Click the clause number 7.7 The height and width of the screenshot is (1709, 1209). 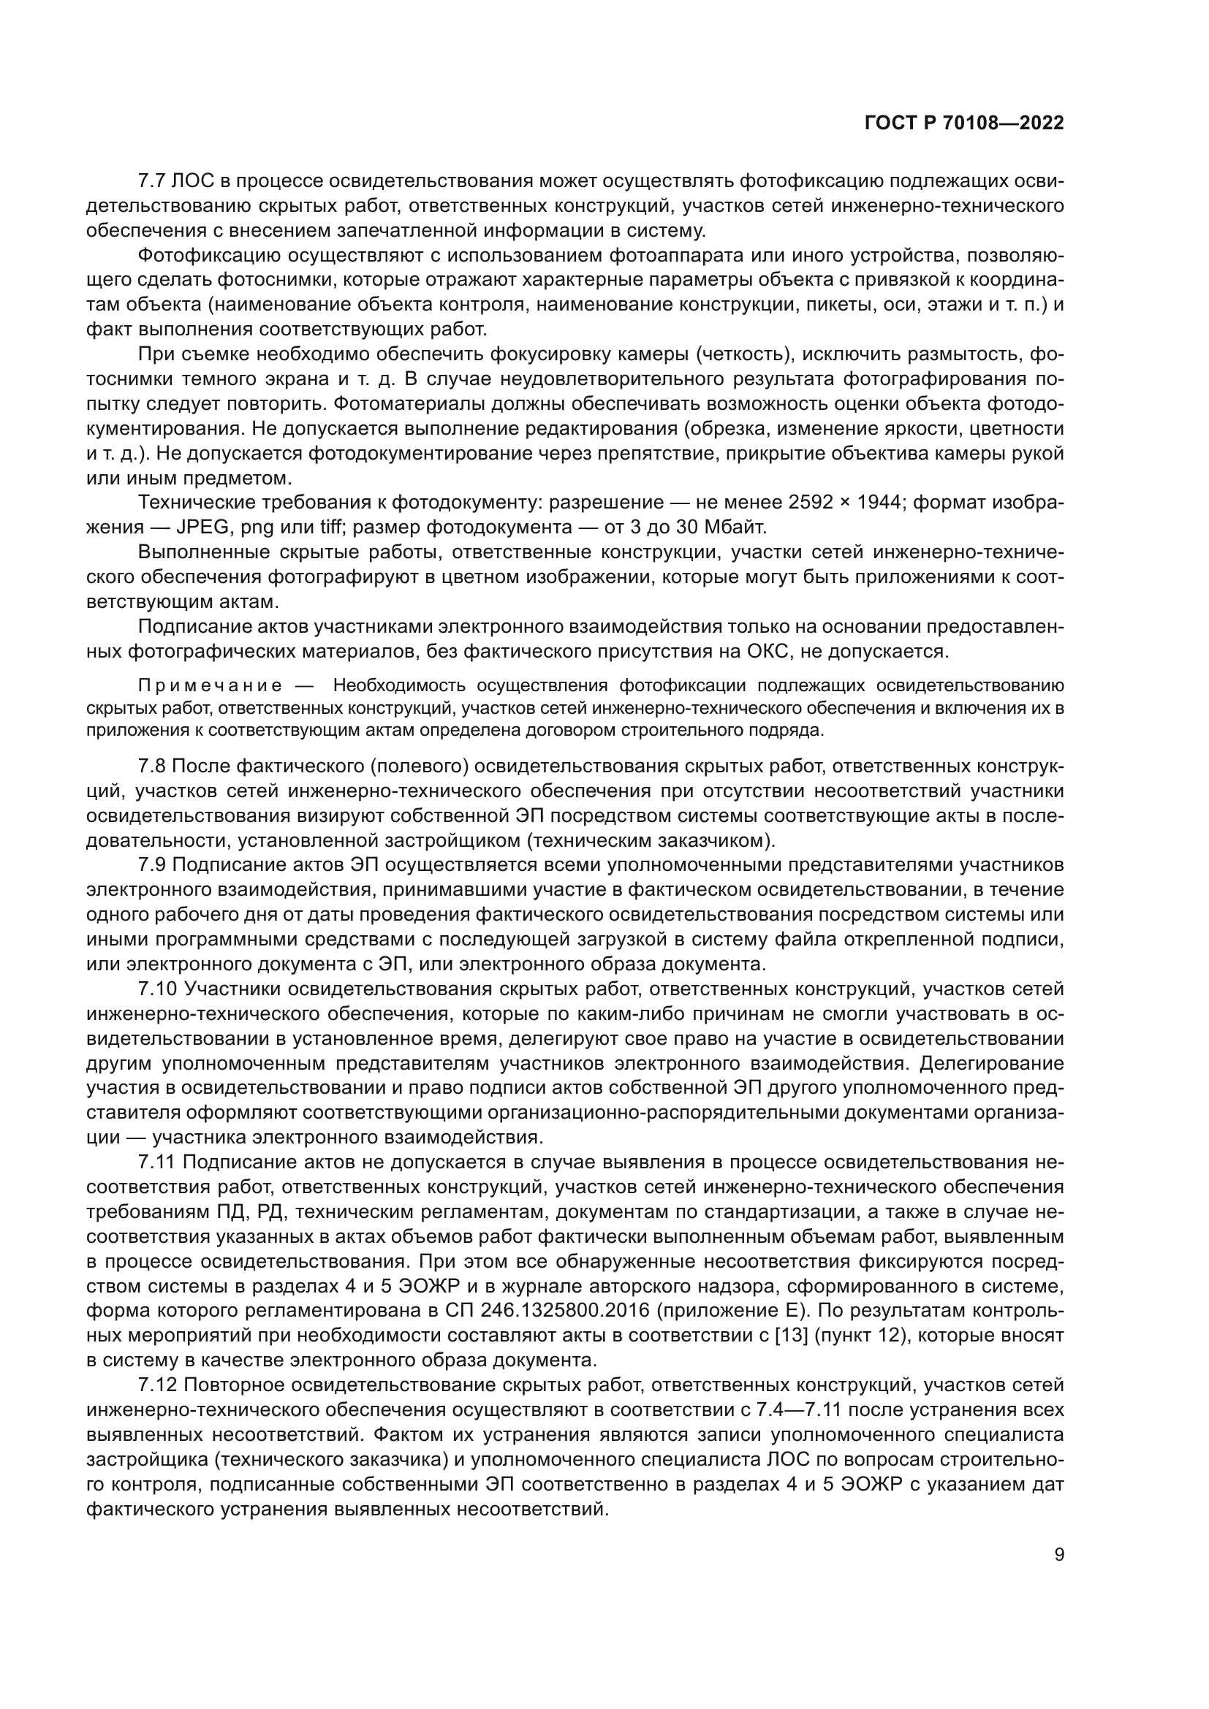tap(152, 181)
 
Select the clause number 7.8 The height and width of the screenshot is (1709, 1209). tap(152, 766)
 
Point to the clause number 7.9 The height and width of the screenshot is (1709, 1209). tap(152, 865)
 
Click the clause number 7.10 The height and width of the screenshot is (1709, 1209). tap(157, 989)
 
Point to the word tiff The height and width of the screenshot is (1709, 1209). tap(330, 528)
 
